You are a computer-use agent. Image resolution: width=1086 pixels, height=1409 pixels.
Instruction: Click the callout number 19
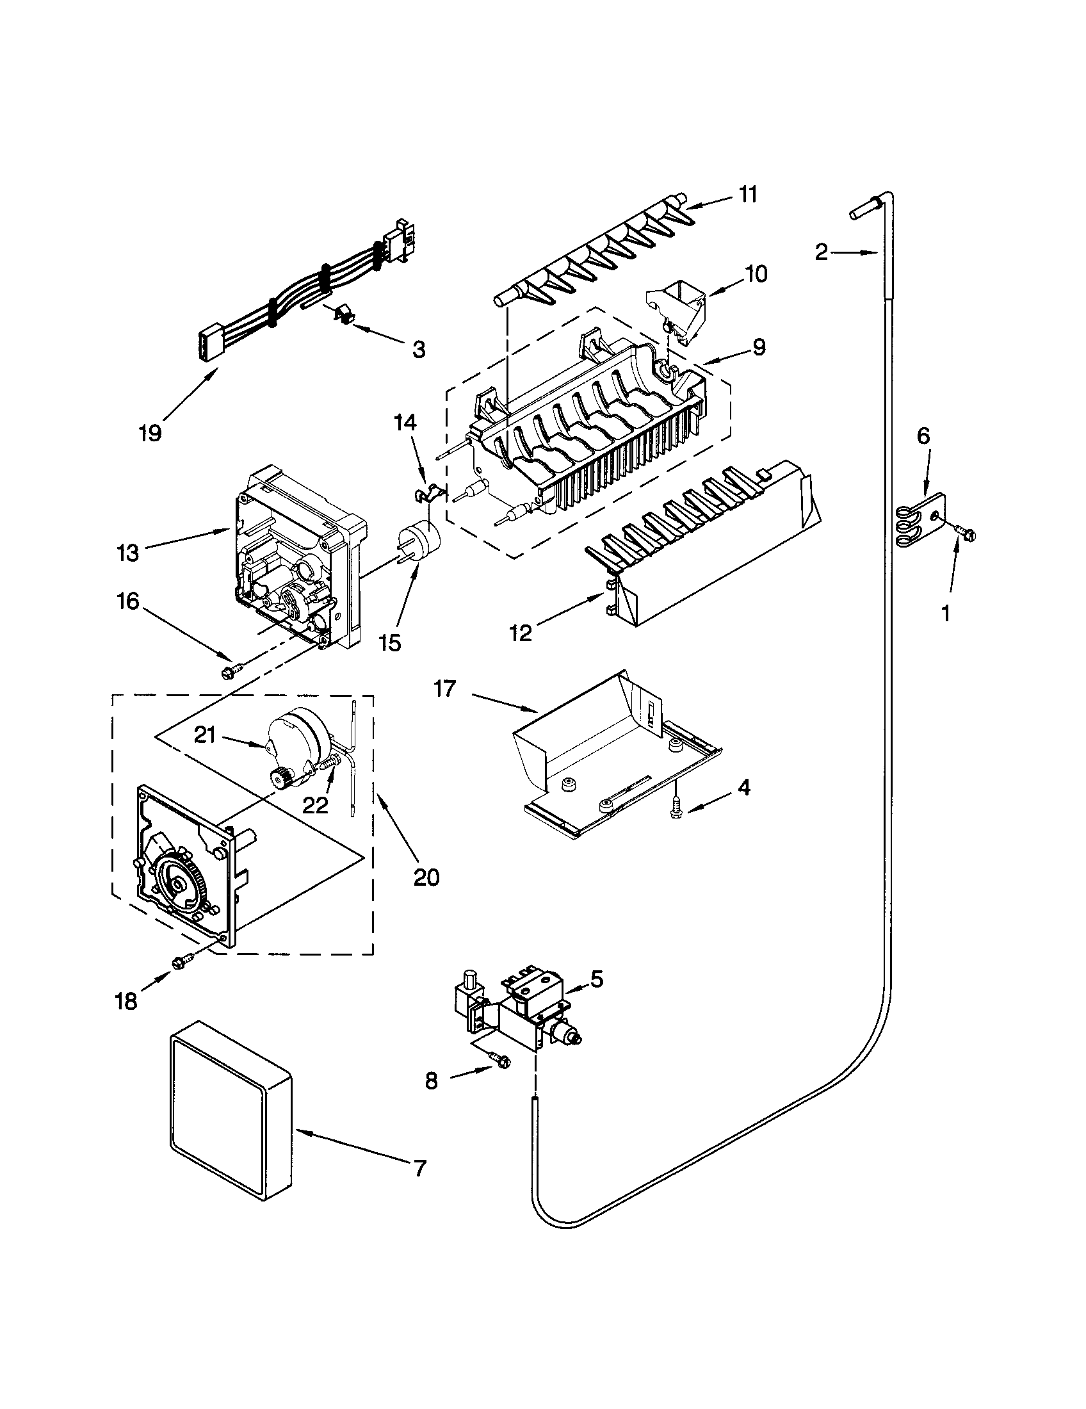point(150,432)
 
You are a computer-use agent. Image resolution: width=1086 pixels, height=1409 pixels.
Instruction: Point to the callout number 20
point(426,877)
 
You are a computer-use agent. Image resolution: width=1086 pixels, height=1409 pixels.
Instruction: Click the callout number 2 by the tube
point(821,252)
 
